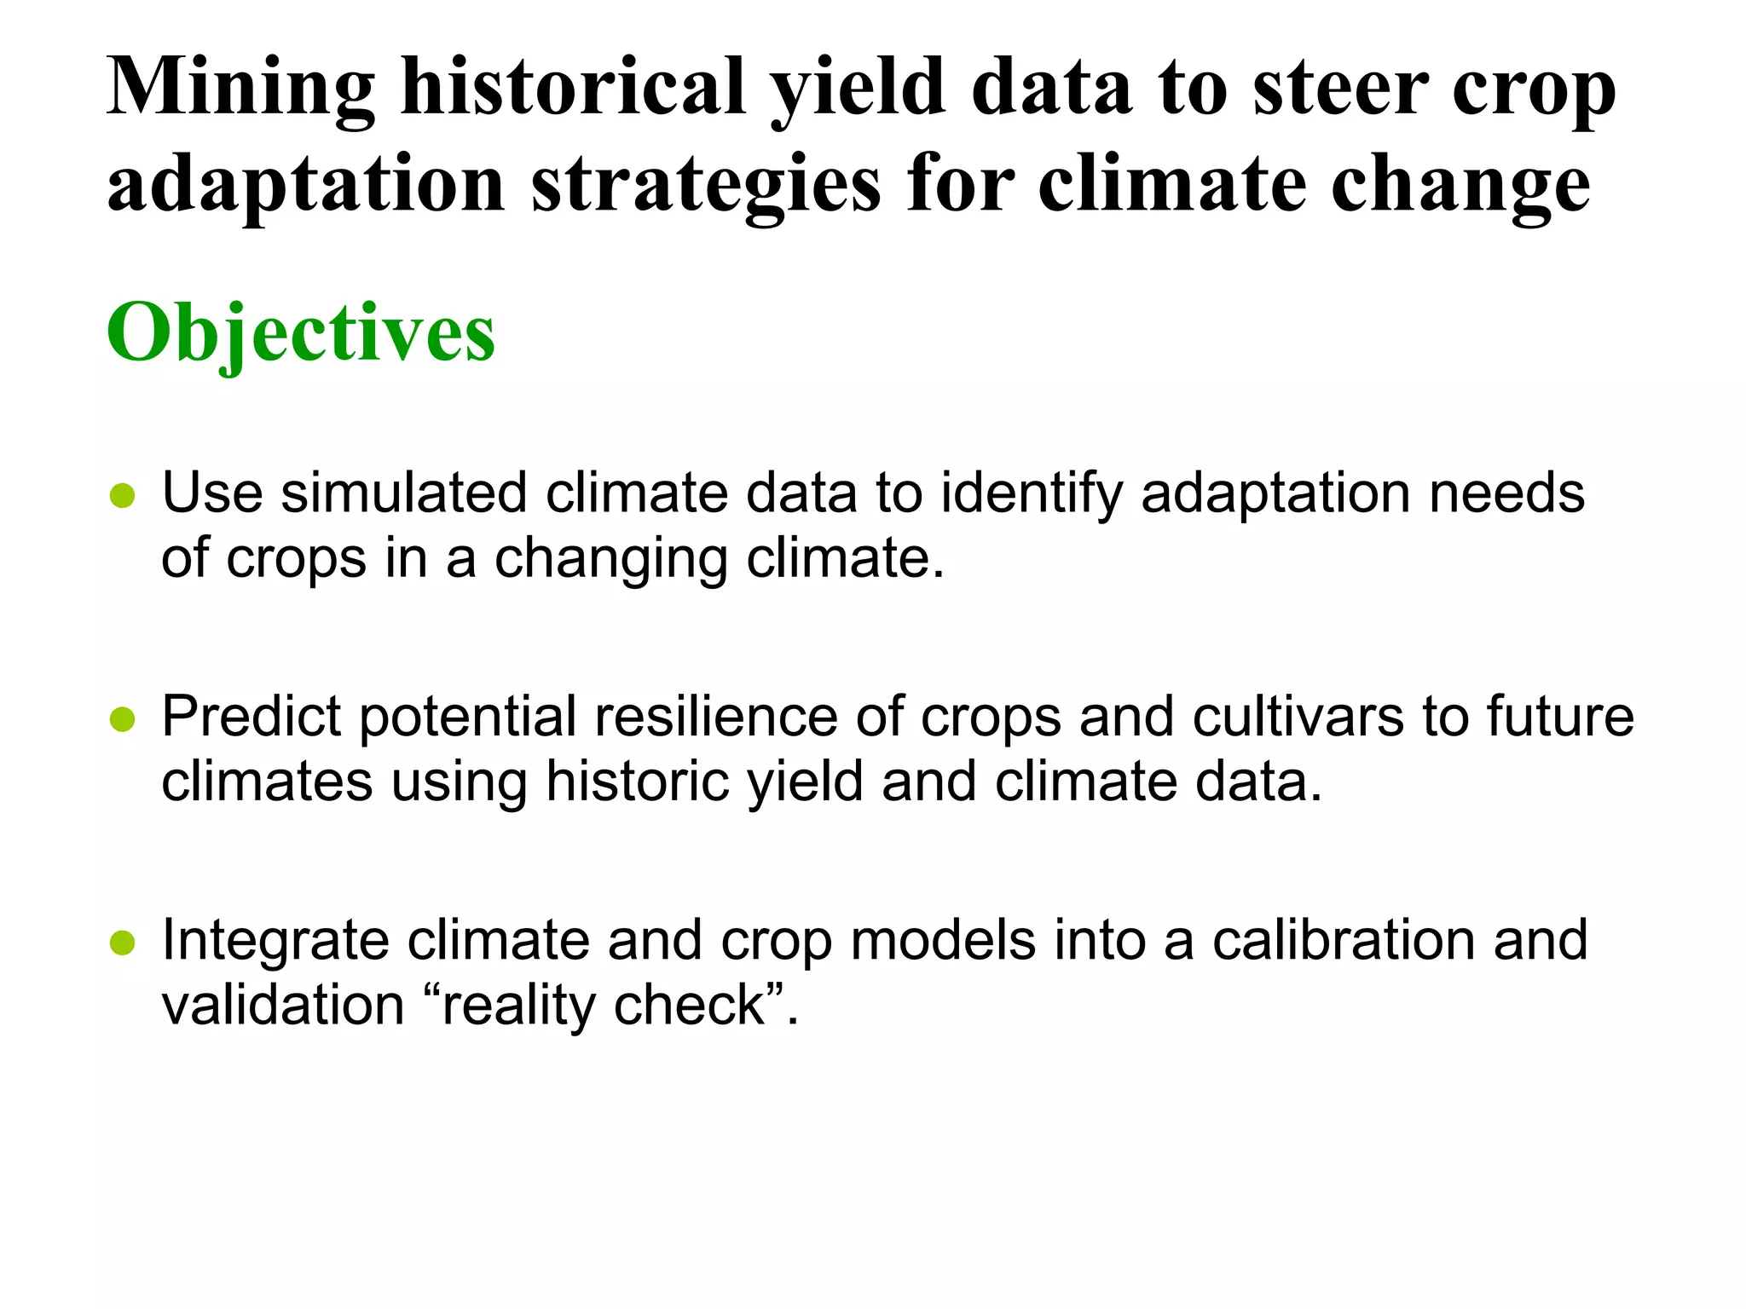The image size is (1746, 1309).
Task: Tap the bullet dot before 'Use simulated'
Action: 123,496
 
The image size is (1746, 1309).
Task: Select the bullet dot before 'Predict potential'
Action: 123,720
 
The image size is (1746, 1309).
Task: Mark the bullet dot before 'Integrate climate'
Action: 123,943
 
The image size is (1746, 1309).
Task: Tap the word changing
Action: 610,560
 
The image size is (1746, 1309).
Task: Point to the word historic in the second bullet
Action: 637,781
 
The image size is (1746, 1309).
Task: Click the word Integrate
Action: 275,941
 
